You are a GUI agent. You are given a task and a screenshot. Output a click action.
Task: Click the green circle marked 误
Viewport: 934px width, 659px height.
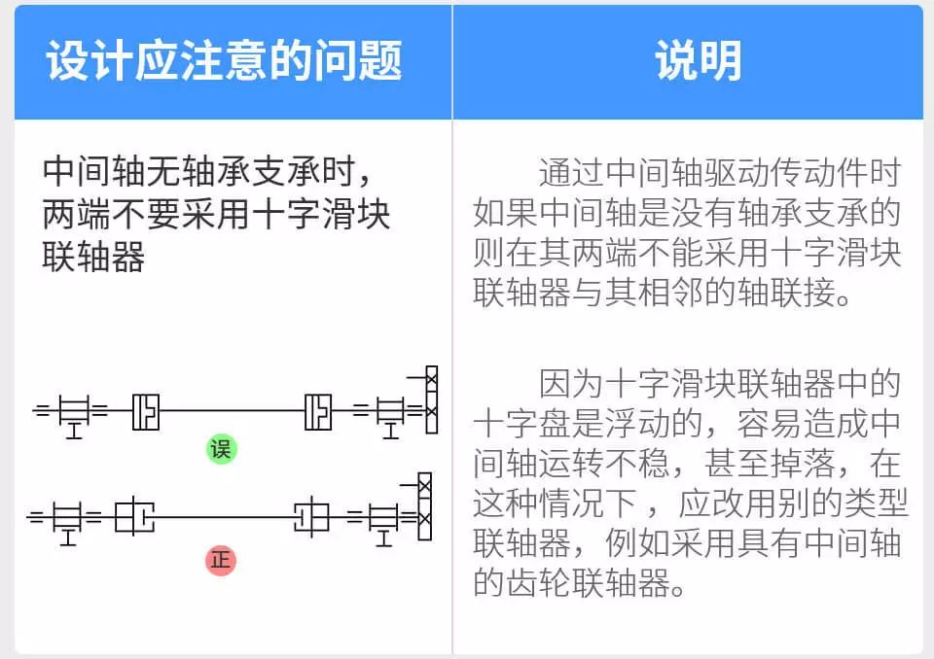[x=222, y=449]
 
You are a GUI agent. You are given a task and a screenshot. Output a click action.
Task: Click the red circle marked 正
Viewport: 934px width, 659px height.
[x=222, y=561]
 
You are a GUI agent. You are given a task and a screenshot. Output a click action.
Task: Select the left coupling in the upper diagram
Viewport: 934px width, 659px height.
[x=146, y=410]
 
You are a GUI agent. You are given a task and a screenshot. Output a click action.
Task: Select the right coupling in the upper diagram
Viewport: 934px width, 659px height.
[x=318, y=410]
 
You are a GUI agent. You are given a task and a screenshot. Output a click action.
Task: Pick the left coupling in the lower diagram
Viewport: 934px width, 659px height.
[x=134, y=515]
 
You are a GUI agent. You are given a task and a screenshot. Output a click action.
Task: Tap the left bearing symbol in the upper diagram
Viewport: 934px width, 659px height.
[x=74, y=411]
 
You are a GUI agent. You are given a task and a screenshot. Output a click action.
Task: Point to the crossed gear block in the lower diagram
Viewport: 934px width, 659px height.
[x=424, y=504]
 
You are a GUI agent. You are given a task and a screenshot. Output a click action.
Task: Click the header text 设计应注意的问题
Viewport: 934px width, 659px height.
[x=225, y=61]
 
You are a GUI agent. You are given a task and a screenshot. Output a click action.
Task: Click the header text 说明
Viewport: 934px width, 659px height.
[x=698, y=61]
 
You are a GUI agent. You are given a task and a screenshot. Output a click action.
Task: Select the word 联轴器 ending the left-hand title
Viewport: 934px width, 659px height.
[x=94, y=258]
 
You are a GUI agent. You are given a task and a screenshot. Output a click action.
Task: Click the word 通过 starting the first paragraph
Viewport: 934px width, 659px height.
[x=562, y=173]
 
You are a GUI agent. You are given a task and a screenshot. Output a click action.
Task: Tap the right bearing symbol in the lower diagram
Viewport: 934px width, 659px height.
[x=384, y=517]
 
